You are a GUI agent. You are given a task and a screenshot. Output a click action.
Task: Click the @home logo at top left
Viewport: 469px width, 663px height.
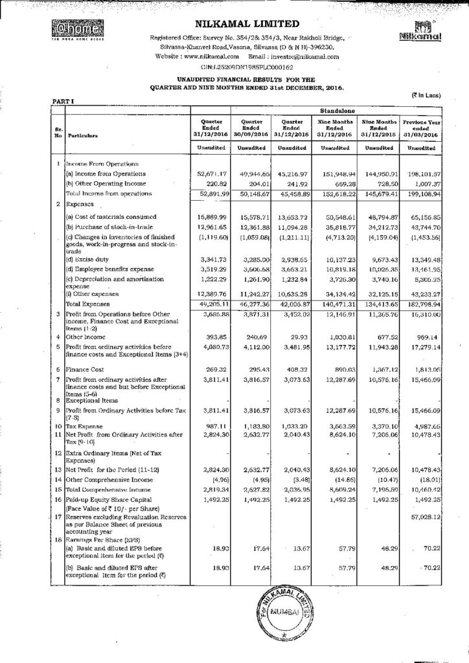67,30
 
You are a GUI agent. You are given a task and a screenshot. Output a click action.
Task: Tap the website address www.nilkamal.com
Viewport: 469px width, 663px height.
203,56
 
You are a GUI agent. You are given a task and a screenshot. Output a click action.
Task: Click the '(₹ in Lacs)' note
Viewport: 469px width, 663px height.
426,96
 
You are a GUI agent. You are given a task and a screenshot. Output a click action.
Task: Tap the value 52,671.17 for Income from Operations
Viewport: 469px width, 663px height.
209,174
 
